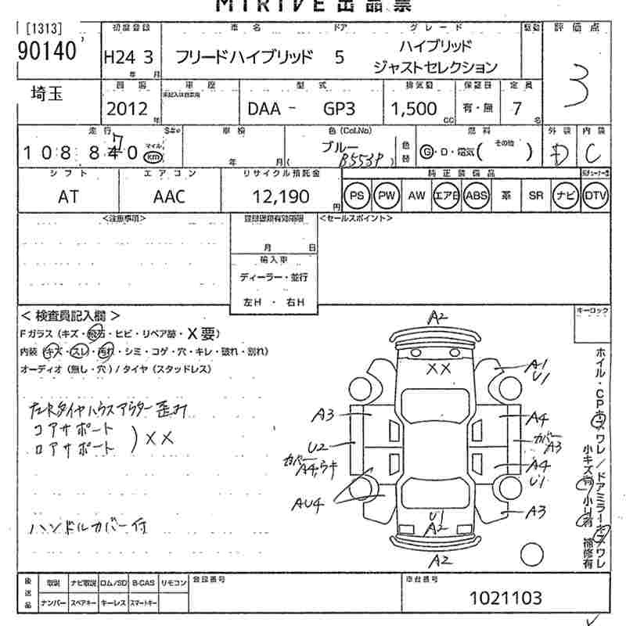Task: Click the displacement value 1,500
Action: tap(414, 109)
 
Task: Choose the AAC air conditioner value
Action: tap(169, 196)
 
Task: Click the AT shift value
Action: tap(69, 196)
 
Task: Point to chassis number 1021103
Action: tap(505, 599)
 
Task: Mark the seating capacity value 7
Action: tap(517, 109)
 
